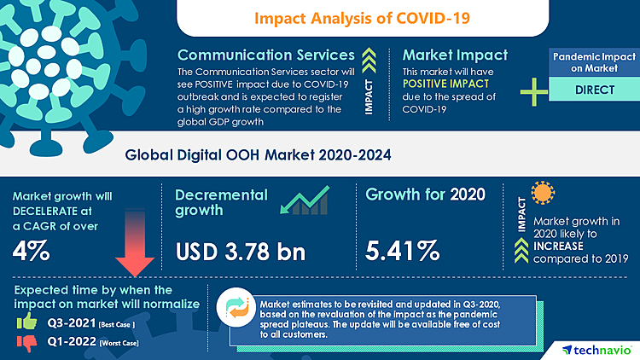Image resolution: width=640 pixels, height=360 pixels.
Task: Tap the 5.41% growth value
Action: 403,251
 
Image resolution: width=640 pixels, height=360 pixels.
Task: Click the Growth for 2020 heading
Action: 425,194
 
